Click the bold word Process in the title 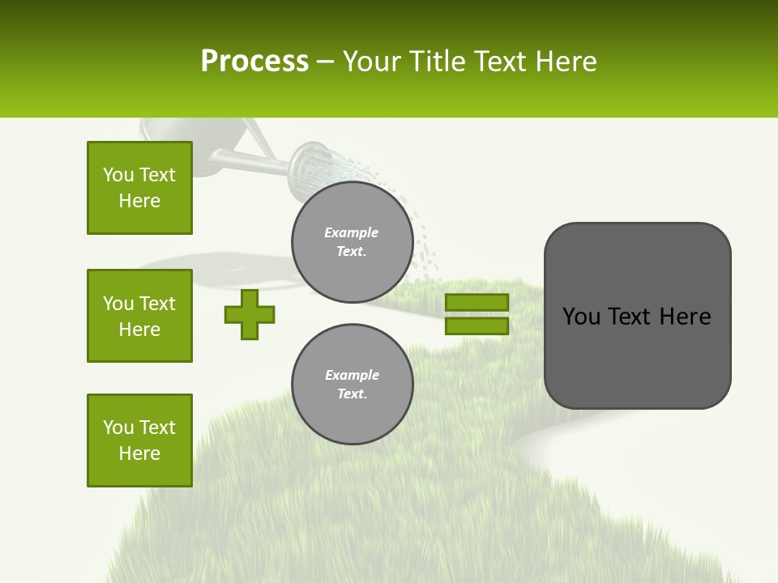click(254, 62)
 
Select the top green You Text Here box click(139, 188)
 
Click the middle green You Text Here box click(139, 316)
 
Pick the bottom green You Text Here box click(139, 440)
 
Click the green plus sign click(250, 314)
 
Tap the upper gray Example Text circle click(352, 242)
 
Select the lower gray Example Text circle click(352, 385)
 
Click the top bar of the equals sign click(477, 302)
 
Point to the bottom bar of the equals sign click(477, 326)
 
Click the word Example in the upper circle click(351, 232)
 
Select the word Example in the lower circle click(352, 375)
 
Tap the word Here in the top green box click(139, 201)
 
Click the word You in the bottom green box click(118, 428)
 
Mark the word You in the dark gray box click(581, 317)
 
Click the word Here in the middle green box click(139, 330)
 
